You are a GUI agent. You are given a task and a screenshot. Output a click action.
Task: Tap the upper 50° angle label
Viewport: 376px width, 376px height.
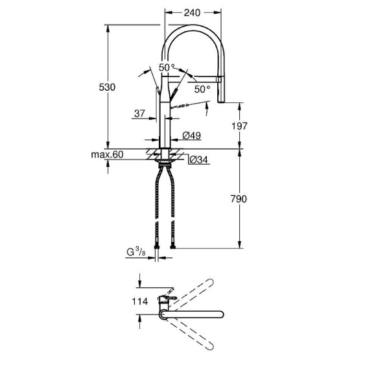167,67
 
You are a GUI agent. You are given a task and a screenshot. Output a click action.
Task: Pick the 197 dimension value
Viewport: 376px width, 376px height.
240,126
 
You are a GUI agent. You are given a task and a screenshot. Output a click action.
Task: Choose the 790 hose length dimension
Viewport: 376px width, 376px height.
240,199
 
